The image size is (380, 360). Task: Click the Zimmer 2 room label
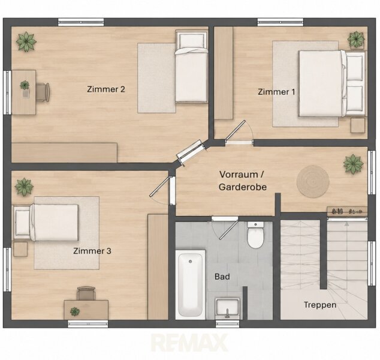click(x=106, y=89)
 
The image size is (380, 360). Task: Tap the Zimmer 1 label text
click(x=276, y=92)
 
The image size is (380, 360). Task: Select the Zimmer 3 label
click(x=92, y=251)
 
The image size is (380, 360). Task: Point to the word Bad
click(x=222, y=277)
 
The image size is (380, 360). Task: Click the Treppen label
click(x=320, y=305)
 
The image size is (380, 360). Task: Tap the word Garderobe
click(x=243, y=187)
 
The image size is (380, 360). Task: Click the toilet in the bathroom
click(x=255, y=235)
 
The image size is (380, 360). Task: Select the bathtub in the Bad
click(x=190, y=284)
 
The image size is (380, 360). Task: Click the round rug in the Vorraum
click(x=313, y=181)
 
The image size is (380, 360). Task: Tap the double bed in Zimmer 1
click(x=331, y=83)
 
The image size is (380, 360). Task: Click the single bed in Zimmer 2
click(x=192, y=67)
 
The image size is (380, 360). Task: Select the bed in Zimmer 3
click(x=46, y=223)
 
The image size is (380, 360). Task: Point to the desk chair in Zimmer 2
click(x=43, y=92)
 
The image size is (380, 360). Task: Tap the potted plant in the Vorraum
click(x=353, y=164)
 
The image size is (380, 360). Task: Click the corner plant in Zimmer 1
click(x=356, y=40)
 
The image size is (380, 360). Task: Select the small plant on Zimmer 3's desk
click(x=75, y=311)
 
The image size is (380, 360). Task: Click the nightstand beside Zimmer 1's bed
click(x=358, y=125)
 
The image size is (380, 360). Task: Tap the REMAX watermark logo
click(x=190, y=343)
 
